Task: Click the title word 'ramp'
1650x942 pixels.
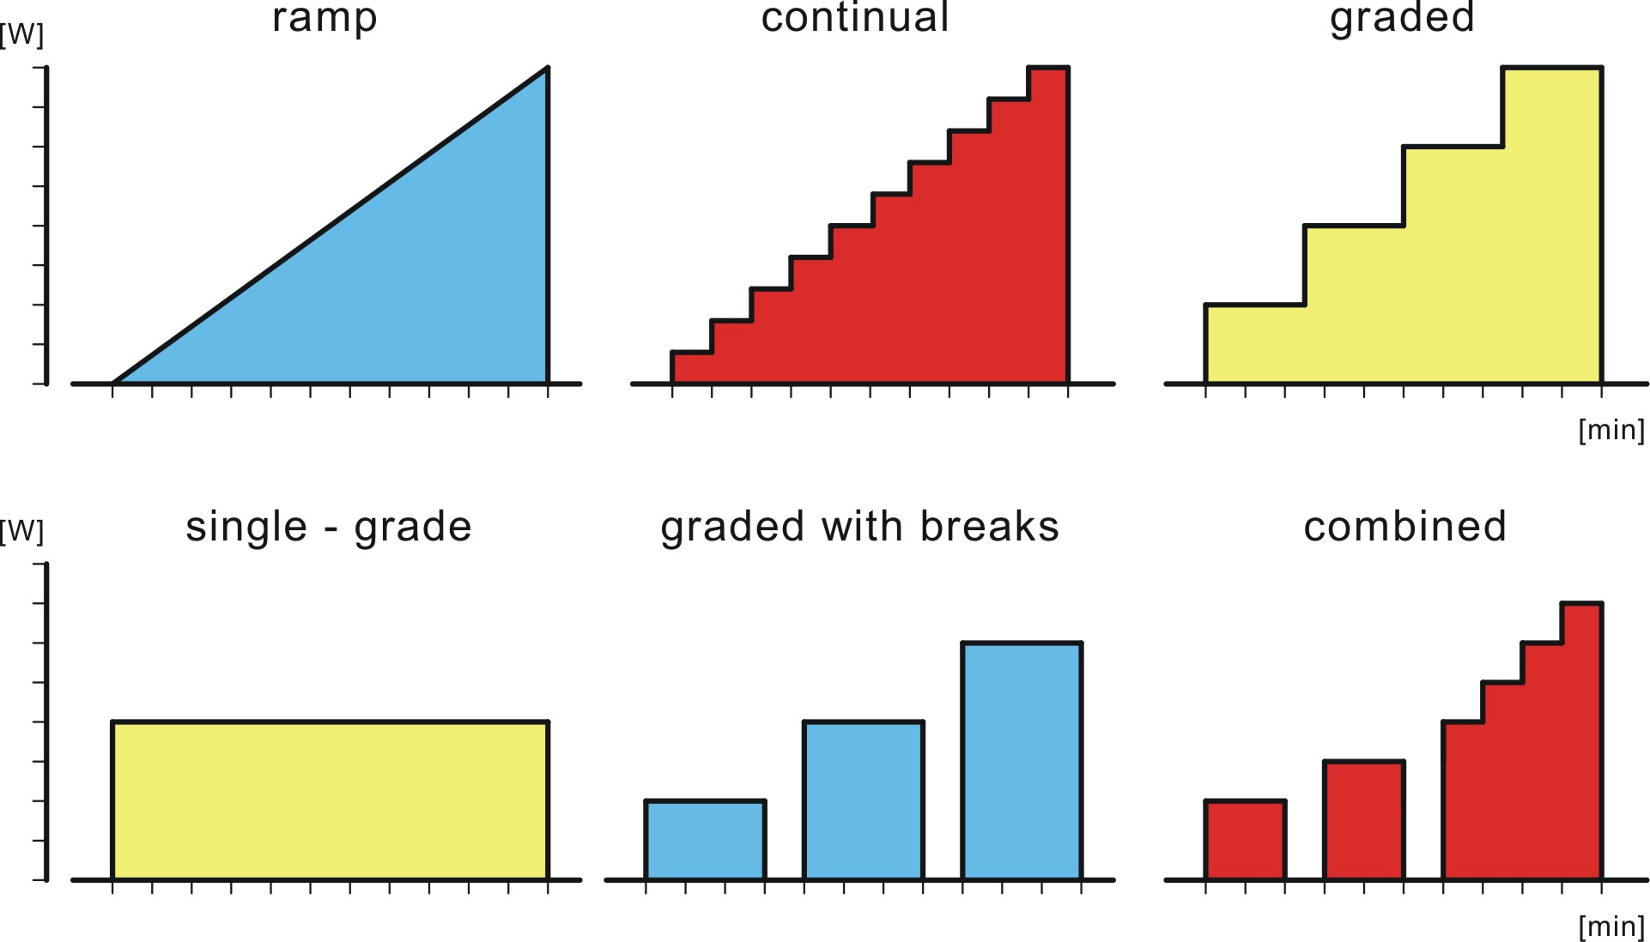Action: tap(325, 19)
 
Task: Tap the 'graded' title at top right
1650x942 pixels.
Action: tap(1402, 19)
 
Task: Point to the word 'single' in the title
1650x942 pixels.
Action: tap(246, 527)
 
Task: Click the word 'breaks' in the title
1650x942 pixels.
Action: tap(990, 527)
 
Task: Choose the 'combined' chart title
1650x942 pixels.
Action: tap(1404, 527)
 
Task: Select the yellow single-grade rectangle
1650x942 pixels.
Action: tap(330, 800)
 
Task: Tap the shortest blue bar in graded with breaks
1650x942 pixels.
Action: tap(705, 840)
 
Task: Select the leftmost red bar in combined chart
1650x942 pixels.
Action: tap(1245, 840)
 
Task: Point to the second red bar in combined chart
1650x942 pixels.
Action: tap(1363, 820)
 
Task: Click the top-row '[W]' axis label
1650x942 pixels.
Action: tap(22, 35)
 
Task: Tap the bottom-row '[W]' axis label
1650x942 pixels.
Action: tap(22, 531)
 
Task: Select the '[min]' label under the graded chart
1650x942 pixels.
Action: tap(1611, 430)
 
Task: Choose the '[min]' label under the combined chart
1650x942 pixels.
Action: tap(1611, 927)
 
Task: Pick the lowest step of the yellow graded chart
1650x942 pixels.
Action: tap(1254, 343)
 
